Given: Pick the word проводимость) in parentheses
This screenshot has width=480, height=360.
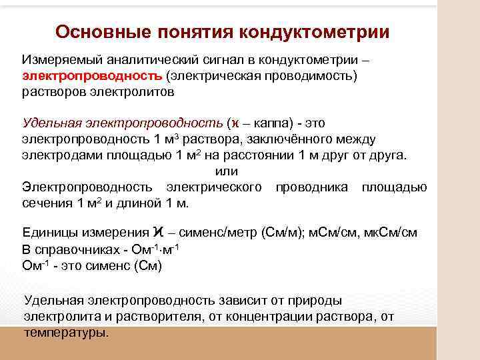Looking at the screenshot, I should tap(314, 76).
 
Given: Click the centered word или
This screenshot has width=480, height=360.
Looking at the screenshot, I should tap(227, 172).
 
